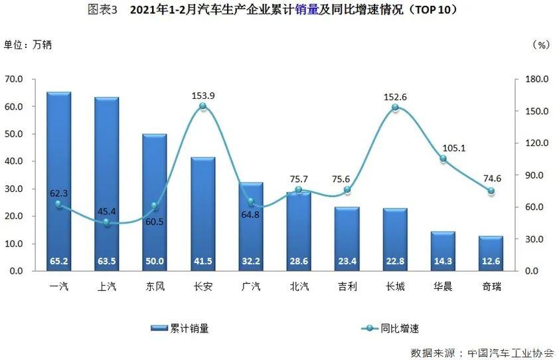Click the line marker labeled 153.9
202,106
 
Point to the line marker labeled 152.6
395,108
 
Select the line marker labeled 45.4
106,223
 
